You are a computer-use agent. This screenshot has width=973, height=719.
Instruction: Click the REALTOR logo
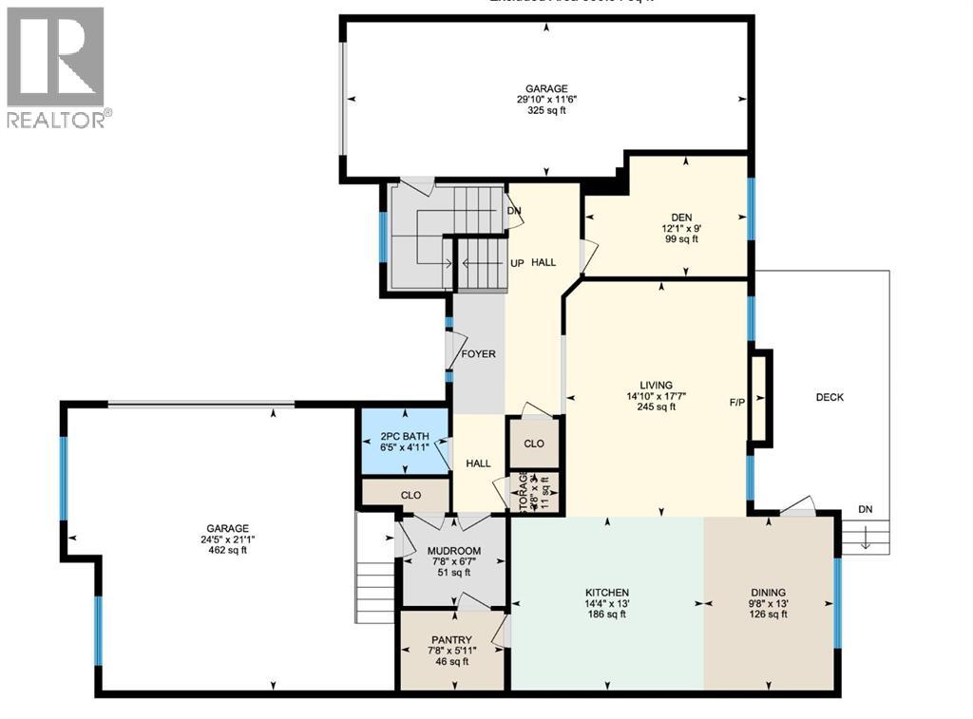[56, 66]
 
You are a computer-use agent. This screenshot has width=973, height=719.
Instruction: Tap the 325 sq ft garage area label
[546, 109]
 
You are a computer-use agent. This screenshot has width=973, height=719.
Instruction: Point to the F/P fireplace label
[736, 402]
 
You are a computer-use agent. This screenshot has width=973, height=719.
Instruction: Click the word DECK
[829, 397]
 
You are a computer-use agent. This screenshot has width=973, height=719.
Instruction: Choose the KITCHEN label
[607, 592]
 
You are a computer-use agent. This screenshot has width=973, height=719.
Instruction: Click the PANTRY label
[450, 639]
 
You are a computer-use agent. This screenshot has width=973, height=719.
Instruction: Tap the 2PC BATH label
[405, 437]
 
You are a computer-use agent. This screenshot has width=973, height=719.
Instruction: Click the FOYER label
[478, 354]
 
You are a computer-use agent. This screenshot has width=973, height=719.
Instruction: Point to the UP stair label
[518, 262]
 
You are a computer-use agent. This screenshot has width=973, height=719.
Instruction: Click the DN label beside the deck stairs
[865, 509]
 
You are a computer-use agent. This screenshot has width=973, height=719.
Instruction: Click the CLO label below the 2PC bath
[410, 495]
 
